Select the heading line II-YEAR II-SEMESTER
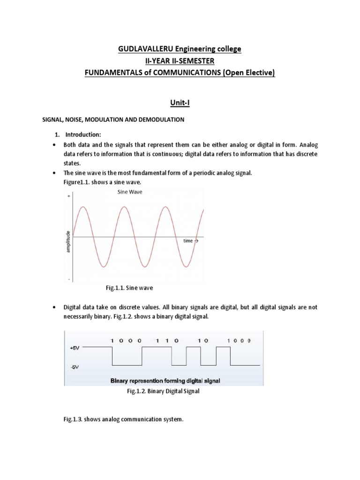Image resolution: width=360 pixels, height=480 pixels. pyautogui.click(x=180, y=60)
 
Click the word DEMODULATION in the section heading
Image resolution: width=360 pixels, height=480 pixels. pyautogui.click(x=161, y=120)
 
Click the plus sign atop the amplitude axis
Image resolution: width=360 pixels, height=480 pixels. pyautogui.click(x=69, y=196)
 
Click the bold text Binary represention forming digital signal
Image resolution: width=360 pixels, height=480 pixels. pyautogui.click(x=165, y=381)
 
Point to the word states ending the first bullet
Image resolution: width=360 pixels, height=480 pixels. pyautogui.click(x=72, y=163)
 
